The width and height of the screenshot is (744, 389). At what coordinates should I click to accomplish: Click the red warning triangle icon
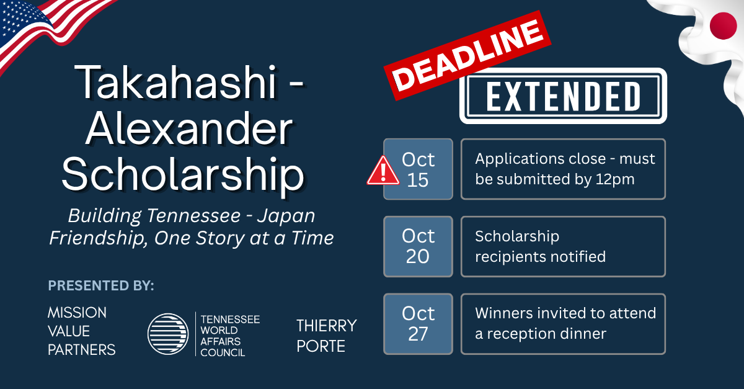coord(383,171)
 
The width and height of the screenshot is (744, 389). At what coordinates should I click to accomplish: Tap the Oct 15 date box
coord(418,169)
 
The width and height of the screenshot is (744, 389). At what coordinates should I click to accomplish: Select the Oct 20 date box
coord(418,247)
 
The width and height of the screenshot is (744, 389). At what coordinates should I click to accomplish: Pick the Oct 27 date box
coord(418,324)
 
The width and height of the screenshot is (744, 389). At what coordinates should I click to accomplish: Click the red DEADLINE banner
coord(467,55)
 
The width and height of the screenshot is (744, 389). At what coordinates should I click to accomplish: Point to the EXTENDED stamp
coord(564,96)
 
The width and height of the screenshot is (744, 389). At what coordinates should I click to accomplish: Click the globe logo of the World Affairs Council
coord(168,334)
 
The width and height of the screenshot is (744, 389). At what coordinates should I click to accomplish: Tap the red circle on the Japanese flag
coord(723,26)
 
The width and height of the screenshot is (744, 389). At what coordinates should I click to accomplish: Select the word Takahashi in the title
coord(176,82)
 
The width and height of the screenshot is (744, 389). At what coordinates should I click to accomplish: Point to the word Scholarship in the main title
coord(183,175)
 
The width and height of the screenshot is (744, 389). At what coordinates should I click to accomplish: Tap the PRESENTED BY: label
coord(101,285)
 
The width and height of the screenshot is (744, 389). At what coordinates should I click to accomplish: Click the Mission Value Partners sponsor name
coord(82,331)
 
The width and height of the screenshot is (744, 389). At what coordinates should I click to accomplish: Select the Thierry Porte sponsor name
coord(327,336)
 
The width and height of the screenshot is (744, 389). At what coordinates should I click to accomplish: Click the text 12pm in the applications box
coord(615,179)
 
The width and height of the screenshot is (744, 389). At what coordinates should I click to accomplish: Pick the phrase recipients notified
coord(541,257)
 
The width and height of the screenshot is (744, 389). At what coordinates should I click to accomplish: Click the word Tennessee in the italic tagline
coord(193,215)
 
